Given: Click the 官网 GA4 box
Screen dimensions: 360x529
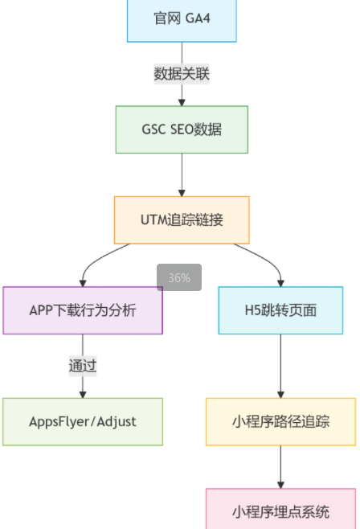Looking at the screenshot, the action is pos(182,20).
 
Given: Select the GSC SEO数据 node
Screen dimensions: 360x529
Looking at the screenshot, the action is pos(182,129).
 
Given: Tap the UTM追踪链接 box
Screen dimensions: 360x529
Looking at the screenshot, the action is pos(182,220).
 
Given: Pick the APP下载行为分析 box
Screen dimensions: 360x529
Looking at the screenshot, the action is pos(83,310).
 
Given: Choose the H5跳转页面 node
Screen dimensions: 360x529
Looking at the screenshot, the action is pos(280,310).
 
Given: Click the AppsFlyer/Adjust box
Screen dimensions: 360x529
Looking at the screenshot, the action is pos(83,422).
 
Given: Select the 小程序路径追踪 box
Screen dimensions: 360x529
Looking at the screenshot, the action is pos(280,422).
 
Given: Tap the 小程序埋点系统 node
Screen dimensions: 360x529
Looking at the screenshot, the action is pos(280,509).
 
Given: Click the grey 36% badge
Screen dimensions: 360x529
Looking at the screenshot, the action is pos(179,277).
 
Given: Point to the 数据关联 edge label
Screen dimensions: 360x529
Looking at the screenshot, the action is pos(182,74).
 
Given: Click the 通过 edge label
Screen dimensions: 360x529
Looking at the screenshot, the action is pos(83,366).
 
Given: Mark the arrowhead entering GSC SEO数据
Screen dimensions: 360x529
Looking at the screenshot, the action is pos(182,103).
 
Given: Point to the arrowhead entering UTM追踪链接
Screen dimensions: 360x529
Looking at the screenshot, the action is pos(182,193).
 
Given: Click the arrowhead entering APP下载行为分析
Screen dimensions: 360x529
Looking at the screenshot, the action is pos(83,283).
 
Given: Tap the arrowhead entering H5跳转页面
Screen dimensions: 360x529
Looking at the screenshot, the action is pos(280,283).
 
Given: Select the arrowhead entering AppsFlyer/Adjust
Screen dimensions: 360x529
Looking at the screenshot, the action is pos(83,395).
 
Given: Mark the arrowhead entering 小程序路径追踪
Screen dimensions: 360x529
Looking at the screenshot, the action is pos(280,395).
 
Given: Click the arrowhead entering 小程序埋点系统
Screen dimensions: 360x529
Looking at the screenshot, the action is pos(280,485).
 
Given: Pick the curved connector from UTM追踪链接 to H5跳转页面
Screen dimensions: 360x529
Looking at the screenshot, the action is pos(266,258).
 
